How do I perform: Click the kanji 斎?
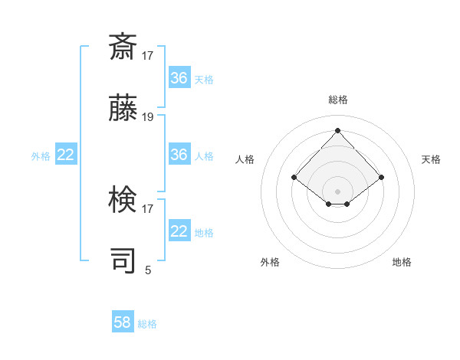[x=123, y=48]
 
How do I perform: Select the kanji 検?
[x=123, y=201]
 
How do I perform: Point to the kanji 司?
[x=123, y=261]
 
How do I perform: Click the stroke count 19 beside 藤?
[x=148, y=117]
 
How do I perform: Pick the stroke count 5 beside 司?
[x=148, y=270]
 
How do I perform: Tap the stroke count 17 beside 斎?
[x=148, y=56]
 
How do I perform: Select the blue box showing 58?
[x=123, y=322]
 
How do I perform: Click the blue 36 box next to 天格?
[x=179, y=78]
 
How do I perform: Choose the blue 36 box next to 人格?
[x=179, y=155]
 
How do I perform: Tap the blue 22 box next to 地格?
[x=179, y=231]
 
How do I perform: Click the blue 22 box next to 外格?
[x=66, y=155]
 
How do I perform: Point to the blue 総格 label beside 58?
[x=147, y=324]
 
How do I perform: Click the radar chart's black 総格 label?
[x=338, y=100]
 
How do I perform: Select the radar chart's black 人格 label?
[x=245, y=159]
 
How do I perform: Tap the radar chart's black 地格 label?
[x=402, y=262]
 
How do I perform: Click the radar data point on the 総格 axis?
[x=337, y=130]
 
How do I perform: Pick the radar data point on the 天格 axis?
[x=381, y=178]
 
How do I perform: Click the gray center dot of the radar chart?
[x=337, y=191]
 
